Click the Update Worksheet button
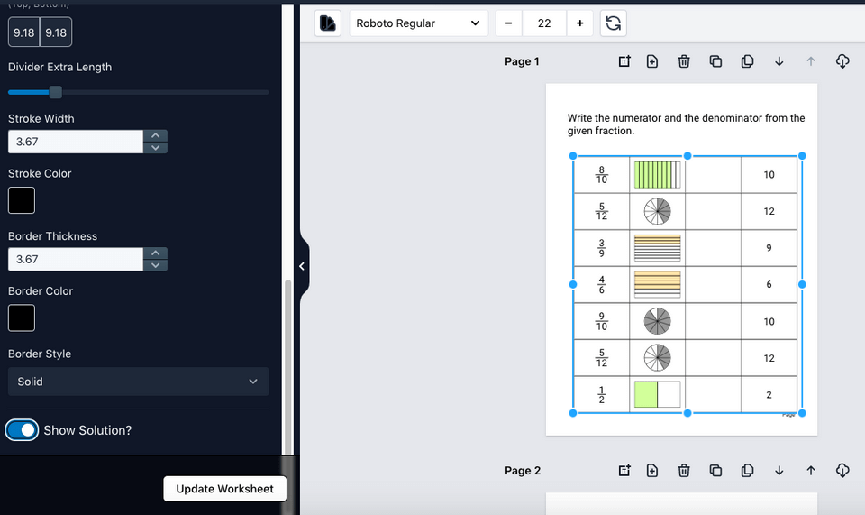click(x=224, y=489)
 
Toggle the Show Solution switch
click(x=22, y=430)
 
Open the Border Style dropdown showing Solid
click(x=138, y=382)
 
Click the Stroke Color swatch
click(x=22, y=200)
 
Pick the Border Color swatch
click(x=22, y=317)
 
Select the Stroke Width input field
click(x=76, y=142)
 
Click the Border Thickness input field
click(x=76, y=259)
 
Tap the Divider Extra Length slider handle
click(x=56, y=92)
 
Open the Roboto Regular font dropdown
click(x=418, y=23)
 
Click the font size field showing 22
click(x=544, y=23)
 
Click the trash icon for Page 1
click(x=684, y=61)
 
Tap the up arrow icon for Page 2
click(x=811, y=470)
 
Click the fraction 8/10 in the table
click(x=601, y=175)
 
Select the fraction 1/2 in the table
click(x=601, y=395)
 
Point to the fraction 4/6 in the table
click(x=601, y=285)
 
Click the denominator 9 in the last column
click(x=769, y=248)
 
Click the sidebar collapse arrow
click(x=302, y=266)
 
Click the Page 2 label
click(x=523, y=471)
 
